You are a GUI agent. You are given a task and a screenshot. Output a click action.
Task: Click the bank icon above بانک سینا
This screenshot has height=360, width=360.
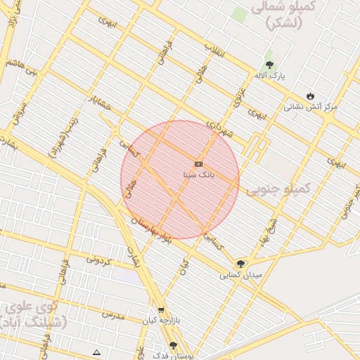199,164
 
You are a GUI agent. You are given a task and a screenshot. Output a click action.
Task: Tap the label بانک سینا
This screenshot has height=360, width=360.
199,173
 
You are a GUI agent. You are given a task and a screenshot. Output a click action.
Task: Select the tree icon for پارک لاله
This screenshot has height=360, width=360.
269,65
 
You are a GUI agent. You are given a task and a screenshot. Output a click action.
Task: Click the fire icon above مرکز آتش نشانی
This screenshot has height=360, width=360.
311,96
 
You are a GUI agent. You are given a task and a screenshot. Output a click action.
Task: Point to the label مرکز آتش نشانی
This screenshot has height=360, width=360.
311,107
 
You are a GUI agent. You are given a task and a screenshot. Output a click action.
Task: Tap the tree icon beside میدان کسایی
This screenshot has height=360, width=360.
241,264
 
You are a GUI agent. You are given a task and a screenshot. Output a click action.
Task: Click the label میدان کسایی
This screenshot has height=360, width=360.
241,275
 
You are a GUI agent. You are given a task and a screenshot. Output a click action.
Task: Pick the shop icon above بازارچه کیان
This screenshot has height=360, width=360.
161,309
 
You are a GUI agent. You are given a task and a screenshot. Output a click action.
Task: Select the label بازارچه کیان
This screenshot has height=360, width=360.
161,320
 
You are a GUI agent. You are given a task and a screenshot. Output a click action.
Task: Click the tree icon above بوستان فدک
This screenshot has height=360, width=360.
174,345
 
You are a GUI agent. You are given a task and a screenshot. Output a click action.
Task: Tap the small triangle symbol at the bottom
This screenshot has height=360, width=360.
96,352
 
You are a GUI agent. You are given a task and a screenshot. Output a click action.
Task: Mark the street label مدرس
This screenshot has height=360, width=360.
112,314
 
